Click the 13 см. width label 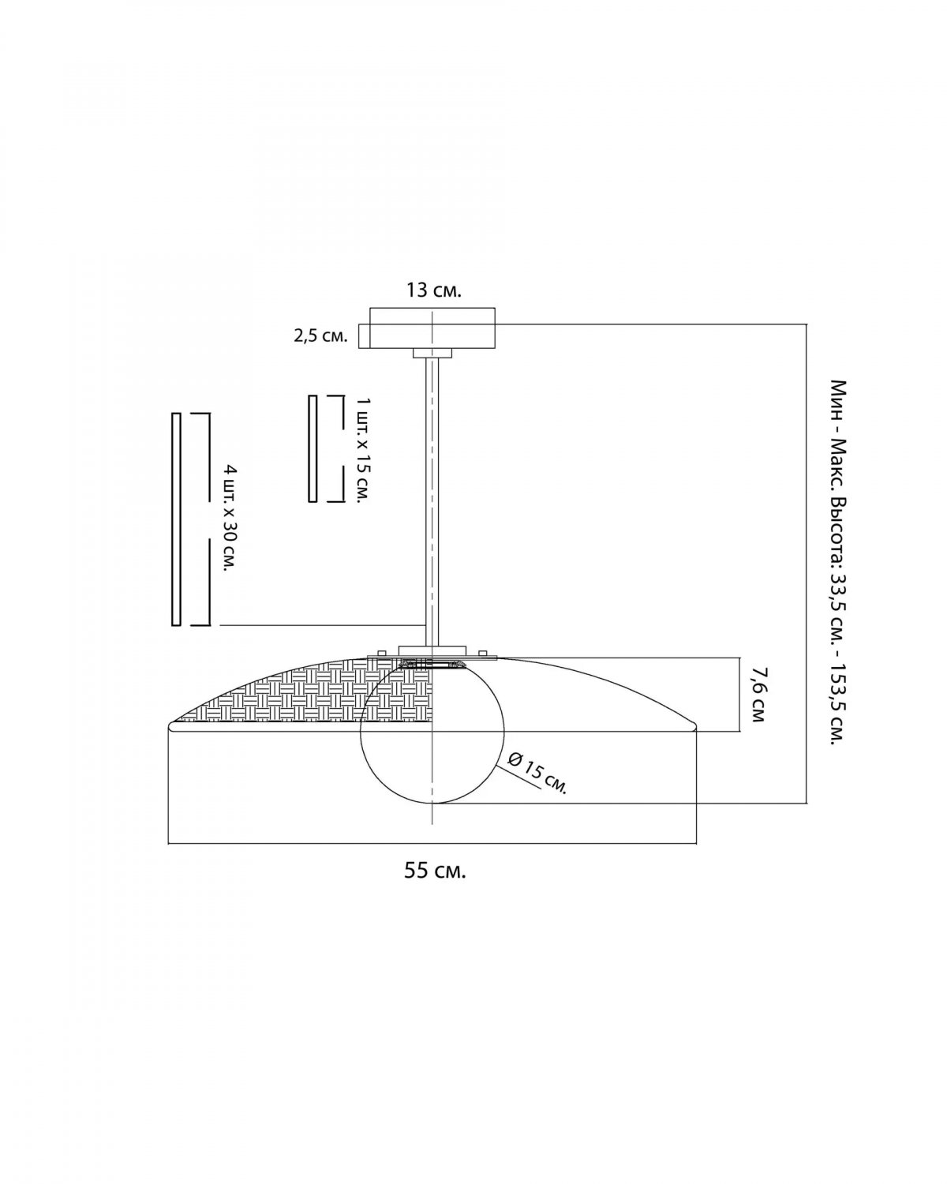pyautogui.click(x=433, y=290)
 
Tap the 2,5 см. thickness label pyautogui.click(x=321, y=336)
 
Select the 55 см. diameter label pyautogui.click(x=435, y=871)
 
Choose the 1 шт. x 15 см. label pyautogui.click(x=364, y=449)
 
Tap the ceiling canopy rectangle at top pyautogui.click(x=432, y=328)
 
